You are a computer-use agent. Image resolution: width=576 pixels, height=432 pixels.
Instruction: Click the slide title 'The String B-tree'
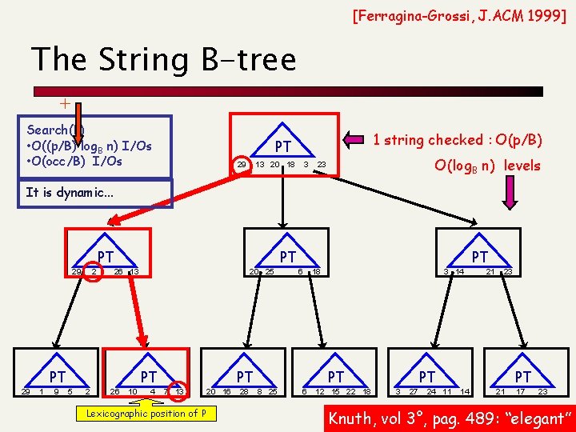point(163,59)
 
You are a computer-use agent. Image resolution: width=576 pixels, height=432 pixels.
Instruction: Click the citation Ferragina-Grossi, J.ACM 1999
point(460,14)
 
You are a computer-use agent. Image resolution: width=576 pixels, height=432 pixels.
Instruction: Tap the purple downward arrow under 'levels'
point(510,193)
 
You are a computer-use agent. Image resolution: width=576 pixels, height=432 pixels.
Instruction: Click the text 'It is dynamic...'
point(70,192)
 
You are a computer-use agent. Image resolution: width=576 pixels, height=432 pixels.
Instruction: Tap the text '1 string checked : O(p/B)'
point(458,140)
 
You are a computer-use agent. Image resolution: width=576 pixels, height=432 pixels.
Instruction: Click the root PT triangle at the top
point(282,146)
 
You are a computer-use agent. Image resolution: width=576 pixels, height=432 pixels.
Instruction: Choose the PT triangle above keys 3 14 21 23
point(479,258)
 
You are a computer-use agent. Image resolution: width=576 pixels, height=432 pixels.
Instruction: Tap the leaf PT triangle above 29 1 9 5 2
point(57,375)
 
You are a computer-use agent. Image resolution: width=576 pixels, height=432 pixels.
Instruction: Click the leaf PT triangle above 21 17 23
point(522,375)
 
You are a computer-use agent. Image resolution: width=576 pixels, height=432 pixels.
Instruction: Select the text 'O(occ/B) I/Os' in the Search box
point(74,161)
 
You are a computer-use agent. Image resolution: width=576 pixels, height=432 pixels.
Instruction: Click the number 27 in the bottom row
point(414,391)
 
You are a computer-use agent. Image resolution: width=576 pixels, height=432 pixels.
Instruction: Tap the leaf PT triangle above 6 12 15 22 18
point(336,375)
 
